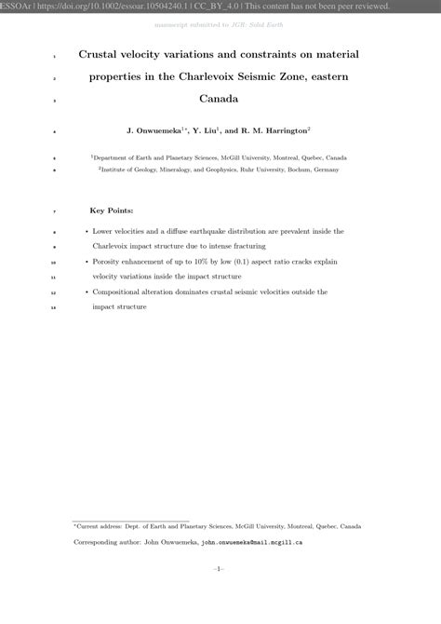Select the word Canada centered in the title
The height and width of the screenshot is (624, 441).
pyautogui.click(x=220, y=98)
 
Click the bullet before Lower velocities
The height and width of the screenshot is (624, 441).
pyautogui.click(x=86, y=231)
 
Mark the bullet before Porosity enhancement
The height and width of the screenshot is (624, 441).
pyautogui.click(x=86, y=264)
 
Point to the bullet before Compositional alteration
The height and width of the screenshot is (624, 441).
pyautogui.click(x=86, y=292)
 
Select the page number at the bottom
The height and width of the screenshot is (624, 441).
pyautogui.click(x=220, y=568)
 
